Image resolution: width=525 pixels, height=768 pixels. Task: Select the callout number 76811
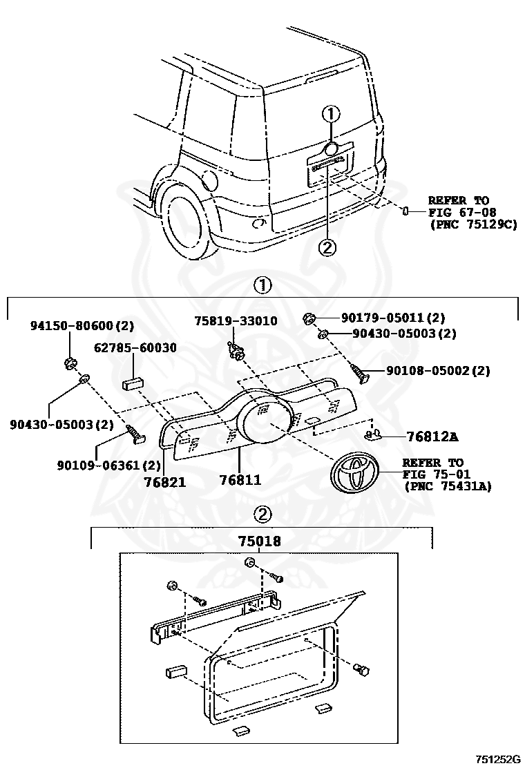coord(240,479)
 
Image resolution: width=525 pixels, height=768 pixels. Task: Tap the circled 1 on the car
coord(332,114)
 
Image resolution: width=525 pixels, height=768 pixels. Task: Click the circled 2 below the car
coord(327,246)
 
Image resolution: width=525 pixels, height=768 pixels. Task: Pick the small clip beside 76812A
coord(374,435)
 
